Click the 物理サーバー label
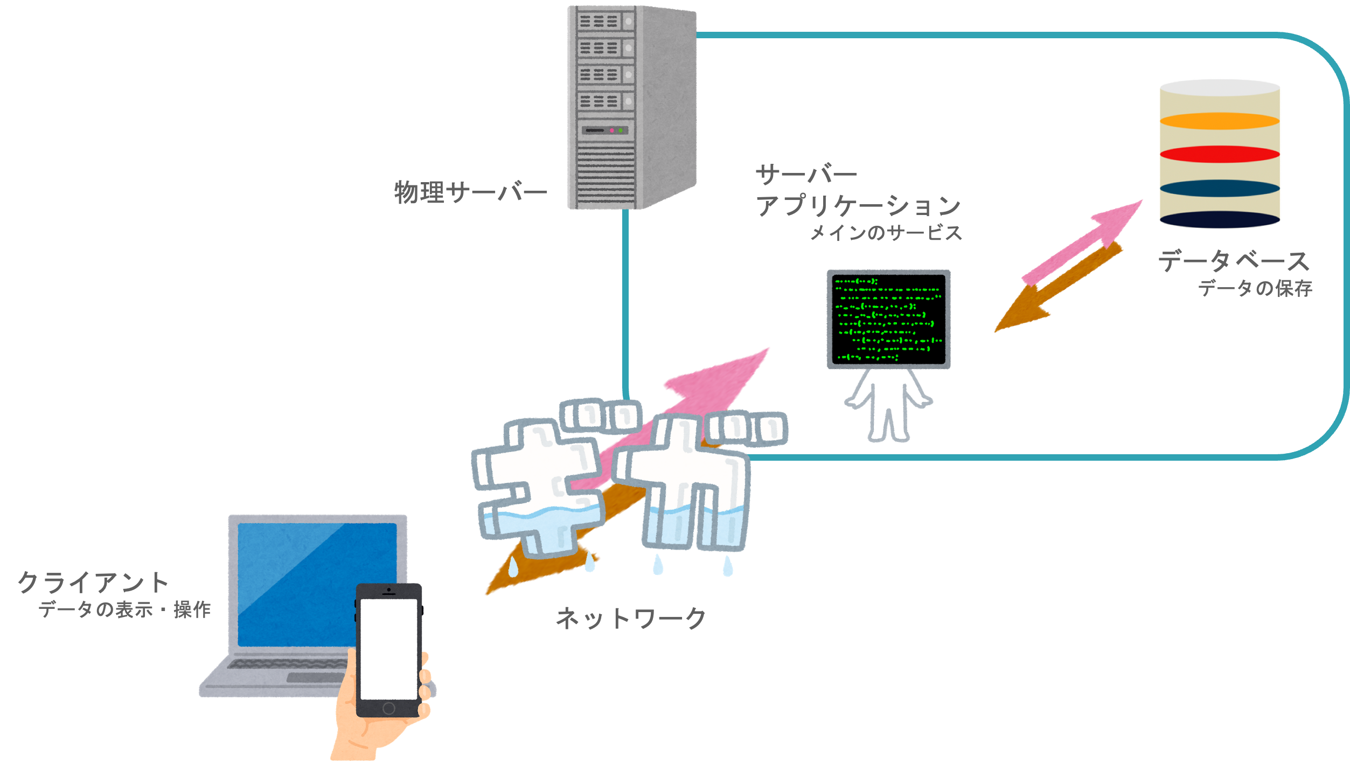click(x=470, y=192)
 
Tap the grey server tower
click(x=632, y=107)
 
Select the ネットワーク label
click(x=630, y=618)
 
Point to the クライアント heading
click(x=93, y=582)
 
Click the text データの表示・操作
click(x=124, y=610)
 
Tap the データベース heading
click(x=1234, y=261)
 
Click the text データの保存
click(x=1255, y=288)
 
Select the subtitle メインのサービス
click(x=886, y=233)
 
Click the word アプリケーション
click(x=859, y=206)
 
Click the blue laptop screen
click(x=317, y=585)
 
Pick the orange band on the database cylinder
click(x=1220, y=121)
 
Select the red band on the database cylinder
click(x=1220, y=154)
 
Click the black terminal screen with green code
click(x=889, y=319)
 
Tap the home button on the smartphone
click(x=388, y=708)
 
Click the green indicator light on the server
click(x=621, y=130)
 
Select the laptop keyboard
click(x=288, y=664)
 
